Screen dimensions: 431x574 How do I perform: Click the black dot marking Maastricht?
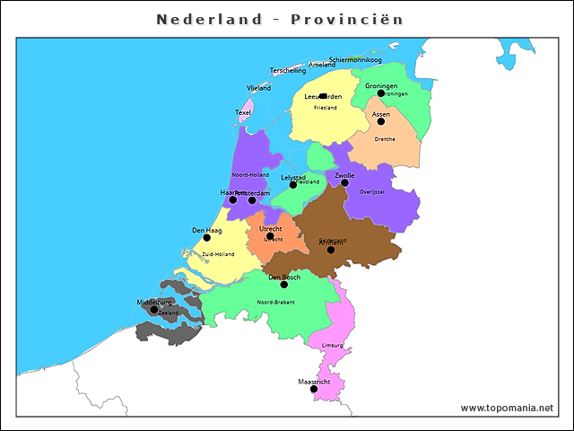click(314, 389)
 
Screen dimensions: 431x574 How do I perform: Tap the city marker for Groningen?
click(381, 93)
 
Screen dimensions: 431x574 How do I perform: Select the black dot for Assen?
click(381, 121)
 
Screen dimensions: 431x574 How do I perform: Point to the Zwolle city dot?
click(344, 182)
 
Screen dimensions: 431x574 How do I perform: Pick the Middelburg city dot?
click(153, 310)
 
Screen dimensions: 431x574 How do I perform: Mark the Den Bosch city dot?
click(284, 285)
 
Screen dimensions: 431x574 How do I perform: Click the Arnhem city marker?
click(331, 250)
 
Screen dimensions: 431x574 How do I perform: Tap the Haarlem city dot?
click(233, 199)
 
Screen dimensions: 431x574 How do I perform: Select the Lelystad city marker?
click(293, 185)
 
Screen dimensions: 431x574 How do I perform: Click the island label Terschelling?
click(288, 70)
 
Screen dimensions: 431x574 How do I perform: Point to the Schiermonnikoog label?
click(355, 60)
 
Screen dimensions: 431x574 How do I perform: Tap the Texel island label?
click(243, 112)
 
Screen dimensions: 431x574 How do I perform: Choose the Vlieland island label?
click(258, 88)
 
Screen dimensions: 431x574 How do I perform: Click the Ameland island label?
click(322, 65)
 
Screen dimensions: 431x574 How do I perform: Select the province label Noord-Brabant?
click(275, 303)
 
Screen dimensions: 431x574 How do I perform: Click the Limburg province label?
click(332, 345)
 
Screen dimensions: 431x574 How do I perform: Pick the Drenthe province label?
click(385, 139)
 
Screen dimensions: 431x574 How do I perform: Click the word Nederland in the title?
click(210, 19)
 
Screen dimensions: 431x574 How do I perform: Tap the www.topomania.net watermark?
click(507, 408)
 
